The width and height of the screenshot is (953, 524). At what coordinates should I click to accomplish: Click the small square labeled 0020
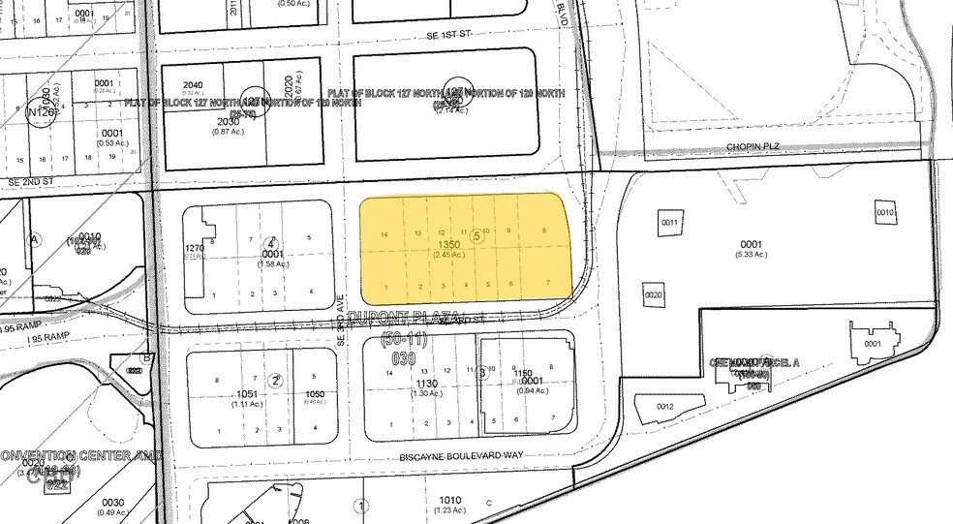click(x=653, y=293)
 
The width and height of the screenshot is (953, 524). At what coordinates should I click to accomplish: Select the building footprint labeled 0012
click(x=664, y=407)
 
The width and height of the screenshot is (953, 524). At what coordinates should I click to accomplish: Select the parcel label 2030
click(x=200, y=121)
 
